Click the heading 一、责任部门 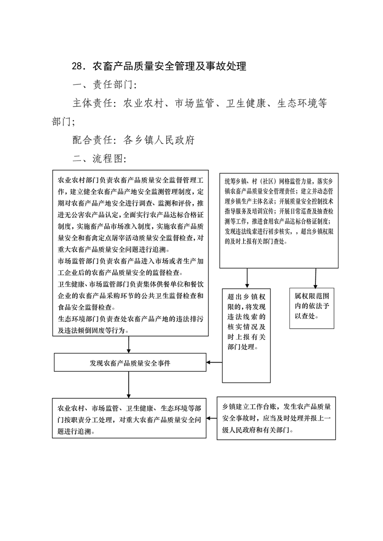[x=105, y=84]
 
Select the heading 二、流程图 [x=100, y=158]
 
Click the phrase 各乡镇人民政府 [x=159, y=140]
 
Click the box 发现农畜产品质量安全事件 [x=130, y=362]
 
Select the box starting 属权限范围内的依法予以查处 [x=312, y=308]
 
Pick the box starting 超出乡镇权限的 [x=246, y=336]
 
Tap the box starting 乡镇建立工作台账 [x=276, y=418]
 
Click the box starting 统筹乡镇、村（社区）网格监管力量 [x=279, y=220]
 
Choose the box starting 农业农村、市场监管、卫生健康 [x=129, y=418]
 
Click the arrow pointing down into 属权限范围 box [x=315, y=278]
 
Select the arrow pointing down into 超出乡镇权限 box [x=247, y=278]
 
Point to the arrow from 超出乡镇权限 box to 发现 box [x=214, y=362]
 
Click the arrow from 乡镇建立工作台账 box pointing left [x=211, y=419]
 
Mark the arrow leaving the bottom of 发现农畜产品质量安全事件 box [x=129, y=385]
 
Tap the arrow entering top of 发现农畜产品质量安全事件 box [x=129, y=345]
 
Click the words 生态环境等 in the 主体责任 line [x=302, y=103]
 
